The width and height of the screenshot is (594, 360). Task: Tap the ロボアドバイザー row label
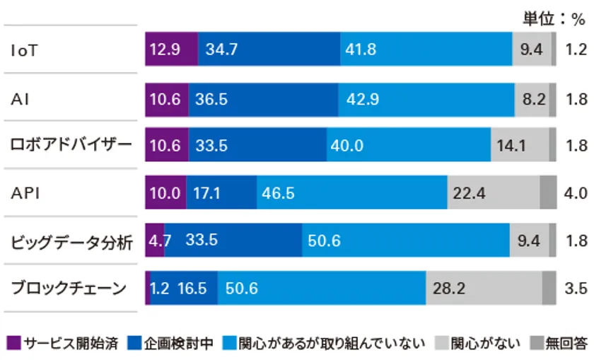point(71,146)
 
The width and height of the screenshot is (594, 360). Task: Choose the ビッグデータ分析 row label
point(71,241)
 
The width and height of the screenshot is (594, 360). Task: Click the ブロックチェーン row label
point(69,289)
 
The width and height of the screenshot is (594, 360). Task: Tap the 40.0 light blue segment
point(409,146)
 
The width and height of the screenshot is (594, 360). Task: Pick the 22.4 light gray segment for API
point(493,193)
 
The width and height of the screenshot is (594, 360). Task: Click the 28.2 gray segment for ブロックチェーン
point(484,289)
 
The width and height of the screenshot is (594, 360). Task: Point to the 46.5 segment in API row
point(351,193)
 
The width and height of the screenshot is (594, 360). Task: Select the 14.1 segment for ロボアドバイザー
point(519,146)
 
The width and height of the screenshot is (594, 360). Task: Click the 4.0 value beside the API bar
point(576,193)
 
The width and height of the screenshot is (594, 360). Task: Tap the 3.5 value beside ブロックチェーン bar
point(576,289)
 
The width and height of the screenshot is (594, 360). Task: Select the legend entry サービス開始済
point(64,344)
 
